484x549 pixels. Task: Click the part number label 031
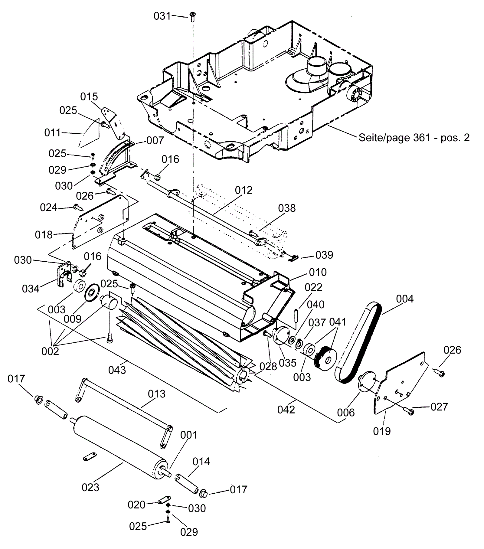162,16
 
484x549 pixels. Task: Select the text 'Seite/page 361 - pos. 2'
414,138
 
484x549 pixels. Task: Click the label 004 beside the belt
405,299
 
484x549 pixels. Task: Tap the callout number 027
439,407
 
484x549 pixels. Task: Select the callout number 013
157,394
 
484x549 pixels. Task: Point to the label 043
117,370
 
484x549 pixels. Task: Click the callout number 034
31,289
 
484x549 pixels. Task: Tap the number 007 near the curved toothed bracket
155,140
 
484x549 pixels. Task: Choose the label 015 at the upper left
89,96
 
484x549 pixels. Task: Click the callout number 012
244,190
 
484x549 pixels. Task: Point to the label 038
287,208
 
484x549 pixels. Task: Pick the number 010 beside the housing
318,272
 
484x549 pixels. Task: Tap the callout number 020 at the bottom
136,505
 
